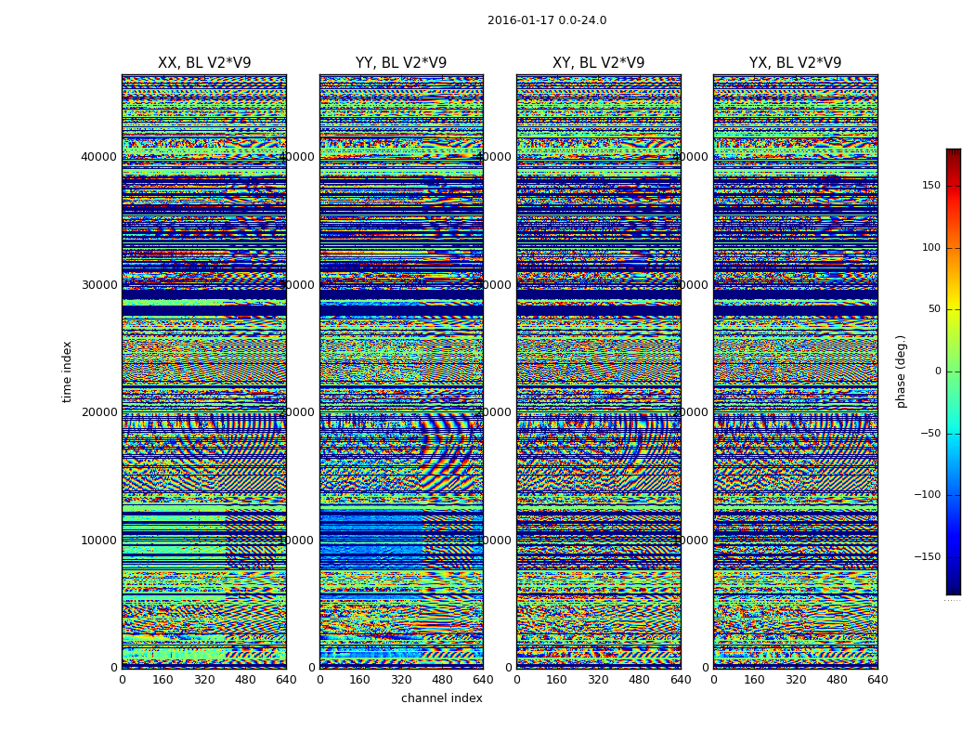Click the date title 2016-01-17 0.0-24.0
547,20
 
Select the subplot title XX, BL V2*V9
204,63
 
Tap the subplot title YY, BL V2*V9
401,63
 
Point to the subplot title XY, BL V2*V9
598,63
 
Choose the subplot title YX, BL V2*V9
795,63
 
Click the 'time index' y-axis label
67,371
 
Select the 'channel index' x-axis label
442,698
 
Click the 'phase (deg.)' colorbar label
901,371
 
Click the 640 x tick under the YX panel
877,680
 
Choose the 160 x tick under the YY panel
360,680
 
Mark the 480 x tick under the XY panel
640,680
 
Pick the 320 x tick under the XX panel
204,680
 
